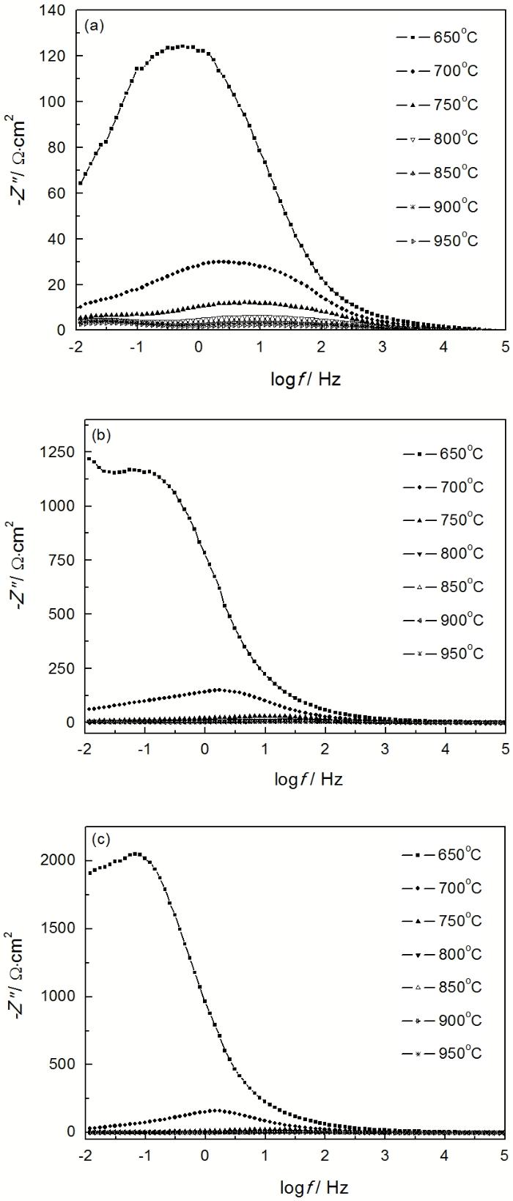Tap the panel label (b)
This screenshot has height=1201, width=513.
pos(101,434)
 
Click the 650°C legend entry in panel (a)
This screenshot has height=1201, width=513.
pos(437,36)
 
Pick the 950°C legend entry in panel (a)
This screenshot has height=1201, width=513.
pos(437,240)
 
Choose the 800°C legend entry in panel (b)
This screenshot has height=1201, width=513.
pos(443,553)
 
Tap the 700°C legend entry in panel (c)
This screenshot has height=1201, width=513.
pos(441,888)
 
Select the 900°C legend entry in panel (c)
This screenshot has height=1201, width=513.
pos(441,1020)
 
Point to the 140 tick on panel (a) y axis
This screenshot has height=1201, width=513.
pos(55,11)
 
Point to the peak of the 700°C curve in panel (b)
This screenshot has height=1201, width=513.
pos(218,690)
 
